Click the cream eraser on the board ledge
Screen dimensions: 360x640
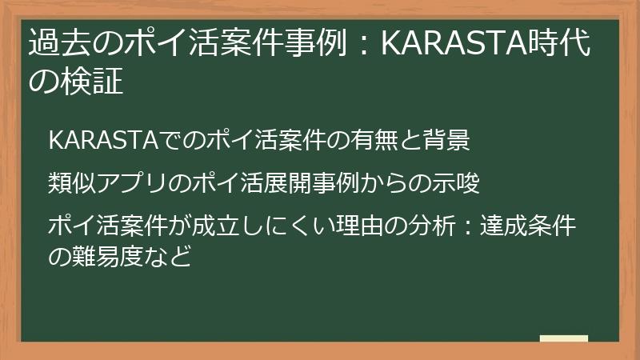click(x=564, y=338)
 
